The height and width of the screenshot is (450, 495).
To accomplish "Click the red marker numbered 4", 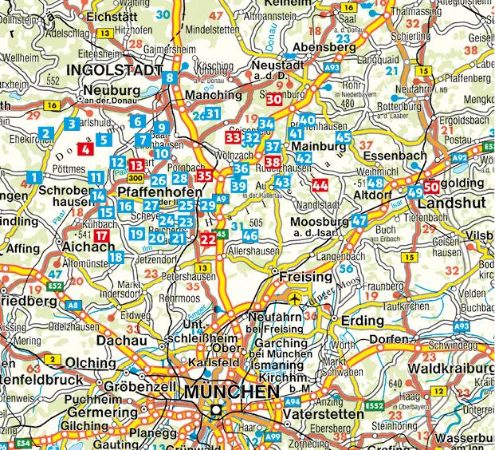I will tap(86, 147).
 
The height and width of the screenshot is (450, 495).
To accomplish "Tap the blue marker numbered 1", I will tap(33, 176).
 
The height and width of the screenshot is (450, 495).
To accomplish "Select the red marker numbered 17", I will tap(101, 236).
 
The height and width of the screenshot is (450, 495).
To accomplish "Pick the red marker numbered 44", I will tap(320, 186).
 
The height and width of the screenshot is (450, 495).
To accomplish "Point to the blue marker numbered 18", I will tap(116, 257).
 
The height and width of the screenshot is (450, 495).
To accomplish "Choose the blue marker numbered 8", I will tap(170, 78).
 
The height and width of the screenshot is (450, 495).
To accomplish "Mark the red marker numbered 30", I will tap(273, 99).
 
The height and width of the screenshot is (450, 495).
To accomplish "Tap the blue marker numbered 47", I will tap(359, 220).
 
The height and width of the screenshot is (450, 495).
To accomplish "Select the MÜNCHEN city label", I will tap(231, 393).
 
